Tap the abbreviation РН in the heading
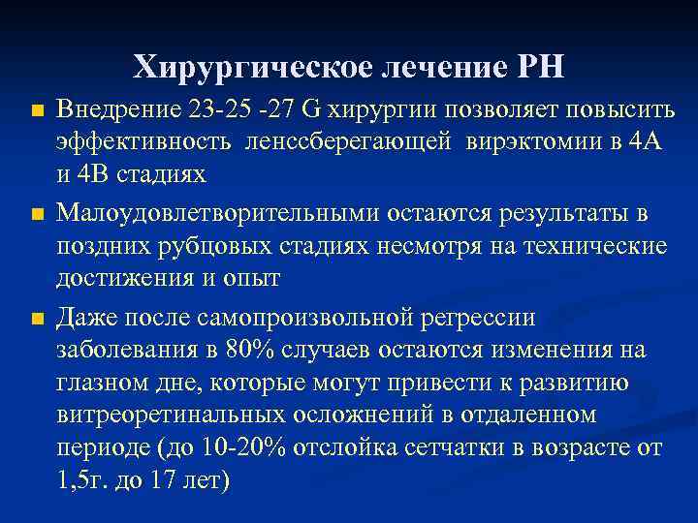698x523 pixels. click(x=542, y=67)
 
